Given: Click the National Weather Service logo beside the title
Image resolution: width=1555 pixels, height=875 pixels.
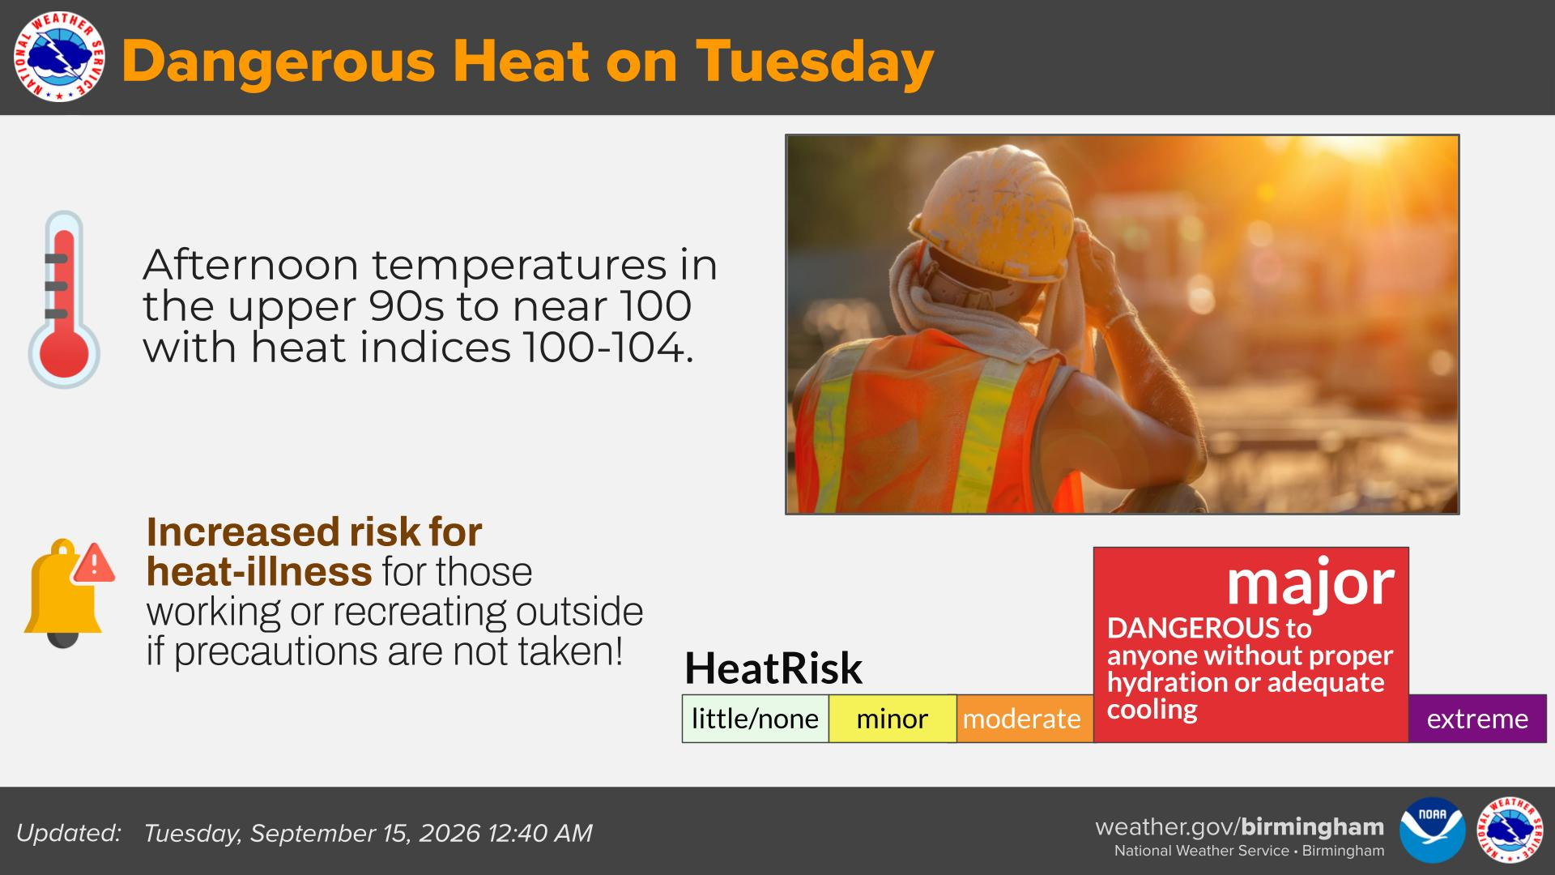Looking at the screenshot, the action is pyautogui.click(x=59, y=57).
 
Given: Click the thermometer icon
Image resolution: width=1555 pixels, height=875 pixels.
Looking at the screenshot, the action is pyautogui.click(x=64, y=299).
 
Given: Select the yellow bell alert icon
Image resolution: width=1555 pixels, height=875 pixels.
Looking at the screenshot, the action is pyautogui.click(x=63, y=594).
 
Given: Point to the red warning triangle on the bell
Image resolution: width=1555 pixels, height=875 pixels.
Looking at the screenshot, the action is pyautogui.click(x=94, y=563).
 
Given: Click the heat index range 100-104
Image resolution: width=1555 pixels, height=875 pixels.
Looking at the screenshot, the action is pyautogui.click(x=607, y=348).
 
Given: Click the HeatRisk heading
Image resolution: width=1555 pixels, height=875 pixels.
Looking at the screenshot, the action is pyautogui.click(x=773, y=668).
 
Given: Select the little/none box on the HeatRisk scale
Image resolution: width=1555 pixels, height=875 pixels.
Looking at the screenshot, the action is pyautogui.click(x=755, y=719).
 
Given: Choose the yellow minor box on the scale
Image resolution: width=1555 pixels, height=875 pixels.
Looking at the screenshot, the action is pyautogui.click(x=893, y=719).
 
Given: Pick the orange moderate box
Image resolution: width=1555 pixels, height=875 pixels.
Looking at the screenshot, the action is pyautogui.click(x=1025, y=719).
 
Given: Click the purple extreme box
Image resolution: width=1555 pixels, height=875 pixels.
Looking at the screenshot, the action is pyautogui.click(x=1477, y=719).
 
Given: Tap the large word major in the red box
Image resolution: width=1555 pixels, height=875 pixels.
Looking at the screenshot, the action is pyautogui.click(x=1310, y=583).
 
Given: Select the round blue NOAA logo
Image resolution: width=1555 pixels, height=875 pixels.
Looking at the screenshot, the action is pyautogui.click(x=1433, y=830).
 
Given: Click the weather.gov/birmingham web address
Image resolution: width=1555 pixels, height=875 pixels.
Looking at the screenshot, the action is pyautogui.click(x=1239, y=826).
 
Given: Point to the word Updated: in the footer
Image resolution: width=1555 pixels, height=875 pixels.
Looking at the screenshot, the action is pyautogui.click(x=69, y=833).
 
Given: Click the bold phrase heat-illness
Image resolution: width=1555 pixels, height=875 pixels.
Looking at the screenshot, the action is pyautogui.click(x=259, y=572).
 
